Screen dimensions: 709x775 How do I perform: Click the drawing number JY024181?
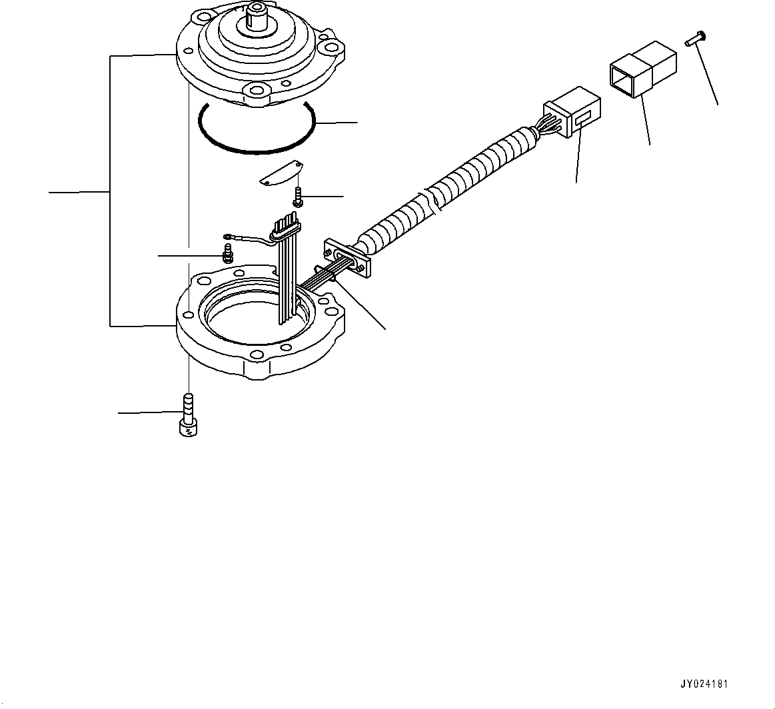[x=704, y=684]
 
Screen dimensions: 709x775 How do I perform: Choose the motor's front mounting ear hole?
[x=255, y=90]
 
